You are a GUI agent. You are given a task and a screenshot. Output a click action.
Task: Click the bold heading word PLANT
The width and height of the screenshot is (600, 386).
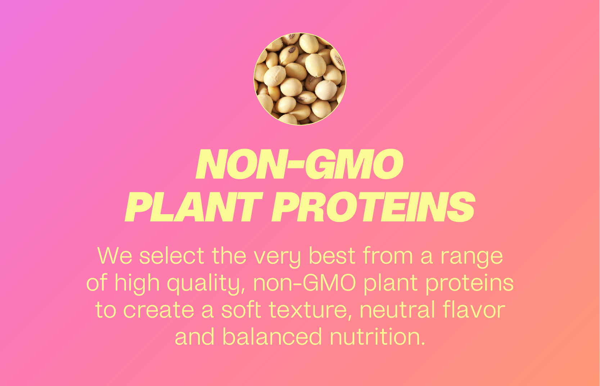coord(193,207)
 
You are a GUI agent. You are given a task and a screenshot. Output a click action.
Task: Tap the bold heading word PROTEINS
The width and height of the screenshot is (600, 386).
coord(373,207)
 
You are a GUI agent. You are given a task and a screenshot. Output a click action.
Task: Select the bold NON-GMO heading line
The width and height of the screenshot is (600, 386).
coord(299,164)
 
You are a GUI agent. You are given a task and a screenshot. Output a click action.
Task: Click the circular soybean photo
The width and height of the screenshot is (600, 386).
coord(300,79)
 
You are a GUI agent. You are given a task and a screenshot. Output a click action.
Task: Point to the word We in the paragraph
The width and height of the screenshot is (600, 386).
coord(115,256)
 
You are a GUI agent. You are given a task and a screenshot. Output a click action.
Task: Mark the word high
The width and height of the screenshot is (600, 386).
coord(137,284)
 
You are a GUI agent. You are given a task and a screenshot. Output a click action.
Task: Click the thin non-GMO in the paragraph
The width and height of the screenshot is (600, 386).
coord(304,283)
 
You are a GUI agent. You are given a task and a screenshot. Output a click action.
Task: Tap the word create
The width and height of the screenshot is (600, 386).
coord(159,310)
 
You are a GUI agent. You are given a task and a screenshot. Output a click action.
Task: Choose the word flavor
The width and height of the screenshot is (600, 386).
coord(474,310)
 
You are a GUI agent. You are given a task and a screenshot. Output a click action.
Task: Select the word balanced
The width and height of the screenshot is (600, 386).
coord(272,336)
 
